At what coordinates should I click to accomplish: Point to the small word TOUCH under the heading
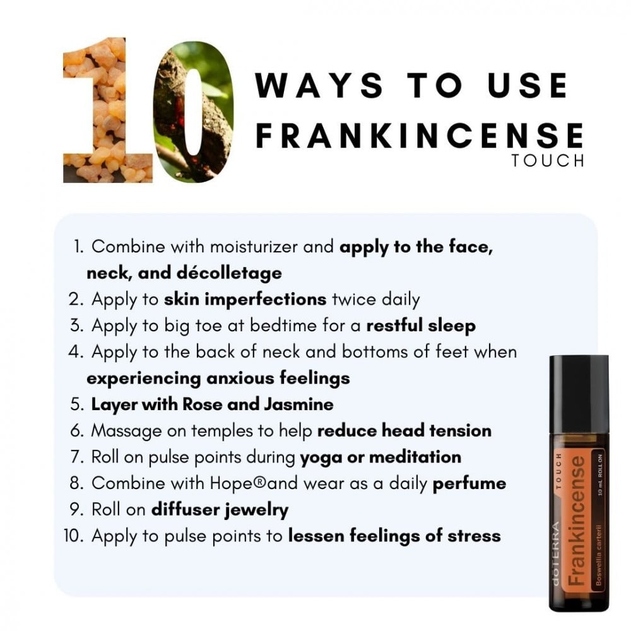[x=548, y=162]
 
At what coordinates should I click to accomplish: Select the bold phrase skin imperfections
[x=245, y=300]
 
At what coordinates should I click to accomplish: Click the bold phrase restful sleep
[x=421, y=326]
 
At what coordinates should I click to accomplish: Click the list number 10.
[x=74, y=536]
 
